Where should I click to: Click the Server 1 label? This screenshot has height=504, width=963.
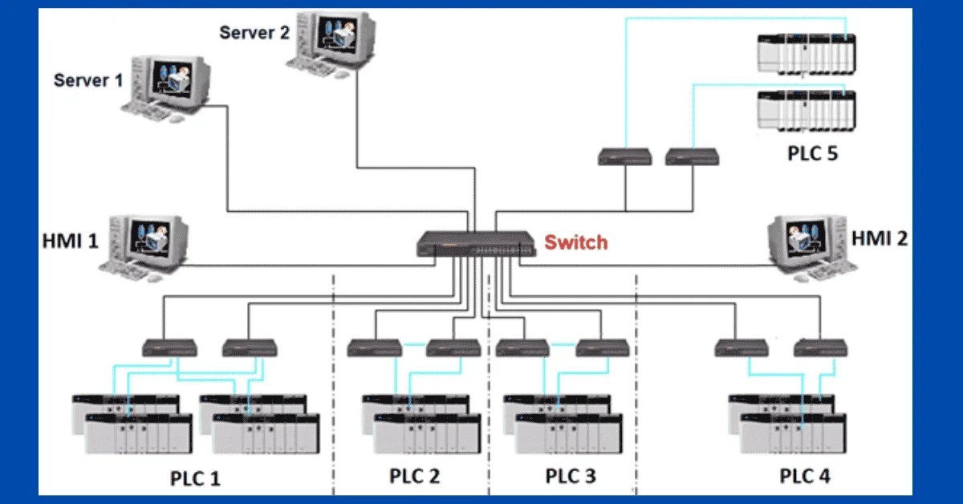[x=88, y=80]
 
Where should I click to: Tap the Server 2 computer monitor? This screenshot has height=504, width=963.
[x=338, y=35]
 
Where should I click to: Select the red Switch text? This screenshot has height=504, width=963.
[x=575, y=242]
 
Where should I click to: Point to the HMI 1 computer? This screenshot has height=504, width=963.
[x=148, y=245]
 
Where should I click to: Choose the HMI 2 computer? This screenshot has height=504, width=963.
[x=807, y=245]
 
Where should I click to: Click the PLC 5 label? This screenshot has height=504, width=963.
[x=812, y=152]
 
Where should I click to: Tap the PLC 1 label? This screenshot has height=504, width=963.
[x=195, y=478]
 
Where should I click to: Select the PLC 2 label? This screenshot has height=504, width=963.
[x=415, y=476]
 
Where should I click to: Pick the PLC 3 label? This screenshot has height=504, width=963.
[x=571, y=476]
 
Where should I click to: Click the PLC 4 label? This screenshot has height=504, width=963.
[x=805, y=476]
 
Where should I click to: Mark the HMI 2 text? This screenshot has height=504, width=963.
[x=880, y=238]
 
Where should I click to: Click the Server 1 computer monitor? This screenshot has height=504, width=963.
[x=170, y=80]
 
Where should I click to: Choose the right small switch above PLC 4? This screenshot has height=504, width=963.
[x=821, y=348]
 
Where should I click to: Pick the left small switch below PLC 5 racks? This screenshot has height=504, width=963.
[x=624, y=156]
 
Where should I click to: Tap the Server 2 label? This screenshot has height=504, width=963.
[x=254, y=32]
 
